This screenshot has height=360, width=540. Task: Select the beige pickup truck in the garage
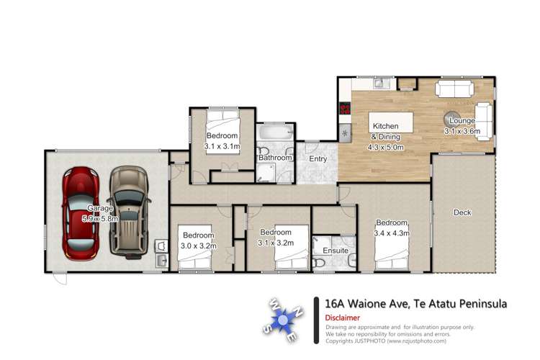(128, 210)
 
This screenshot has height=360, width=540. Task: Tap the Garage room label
(99, 208)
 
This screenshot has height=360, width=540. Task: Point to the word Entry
(318, 158)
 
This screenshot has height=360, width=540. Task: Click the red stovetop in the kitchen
(344, 110)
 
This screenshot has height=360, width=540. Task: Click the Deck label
(462, 212)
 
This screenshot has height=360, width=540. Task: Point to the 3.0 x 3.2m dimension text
(197, 245)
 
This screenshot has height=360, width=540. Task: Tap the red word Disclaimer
(343, 318)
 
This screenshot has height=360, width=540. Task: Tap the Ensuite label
(336, 251)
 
